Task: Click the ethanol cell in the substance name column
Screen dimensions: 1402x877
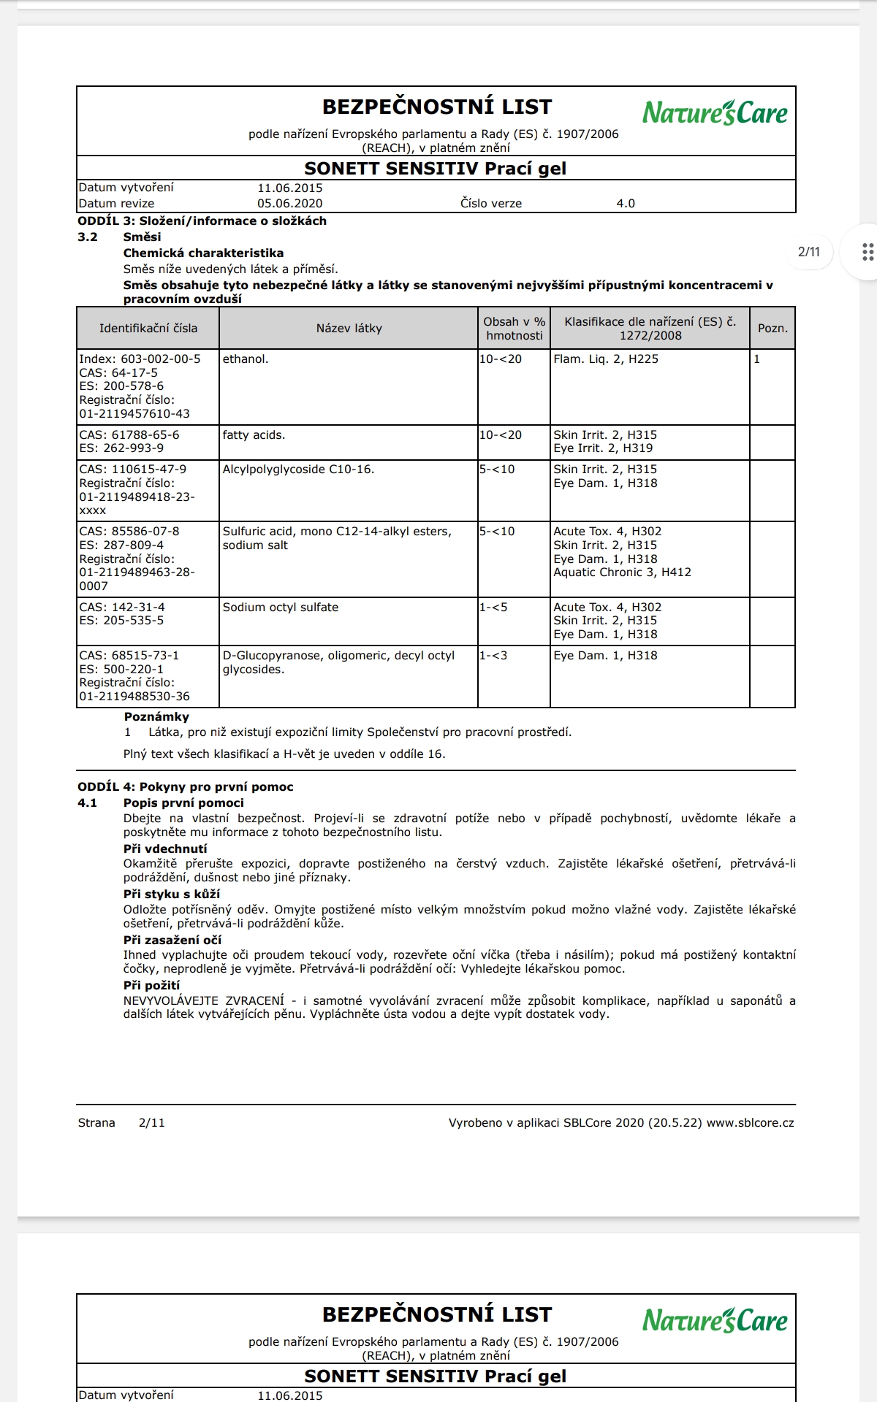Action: [246, 359]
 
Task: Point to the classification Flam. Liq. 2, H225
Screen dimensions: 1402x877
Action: [606, 359]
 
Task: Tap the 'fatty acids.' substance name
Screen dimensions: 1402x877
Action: [254, 435]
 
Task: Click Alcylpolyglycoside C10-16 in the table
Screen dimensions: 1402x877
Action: [298, 470]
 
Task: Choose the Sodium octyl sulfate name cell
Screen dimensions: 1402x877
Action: [281, 608]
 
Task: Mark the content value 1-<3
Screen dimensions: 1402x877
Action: [493, 656]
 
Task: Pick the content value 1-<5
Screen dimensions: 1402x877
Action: [493, 608]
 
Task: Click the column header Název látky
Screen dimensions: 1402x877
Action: [349, 329]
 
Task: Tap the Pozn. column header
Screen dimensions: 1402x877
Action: [772, 329]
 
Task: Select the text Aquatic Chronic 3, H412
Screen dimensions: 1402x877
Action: [622, 572]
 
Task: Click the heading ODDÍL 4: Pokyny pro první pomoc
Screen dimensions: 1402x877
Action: [186, 787]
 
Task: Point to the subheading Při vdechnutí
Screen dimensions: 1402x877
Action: [165, 849]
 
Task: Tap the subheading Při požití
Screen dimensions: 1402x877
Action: [151, 986]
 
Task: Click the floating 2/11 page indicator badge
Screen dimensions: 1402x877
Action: [808, 252]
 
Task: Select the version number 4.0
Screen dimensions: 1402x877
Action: [626, 204]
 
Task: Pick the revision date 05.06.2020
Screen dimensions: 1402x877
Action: [289, 204]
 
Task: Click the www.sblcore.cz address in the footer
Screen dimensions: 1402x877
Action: [750, 1123]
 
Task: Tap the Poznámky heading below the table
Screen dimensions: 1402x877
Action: [156, 717]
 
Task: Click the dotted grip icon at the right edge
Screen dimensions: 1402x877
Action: [867, 252]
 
